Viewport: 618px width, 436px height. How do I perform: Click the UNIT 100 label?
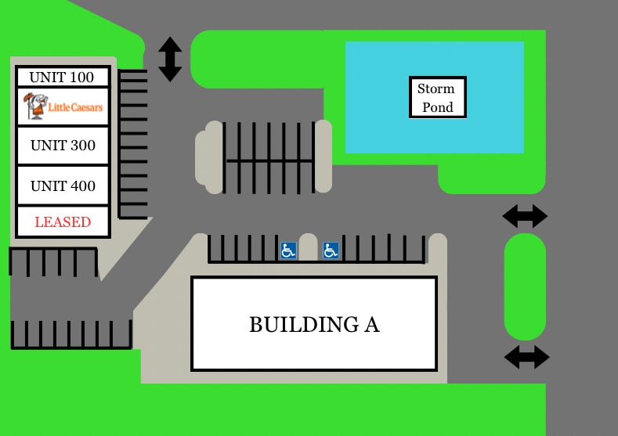point(62,77)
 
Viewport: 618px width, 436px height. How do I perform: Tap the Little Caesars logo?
point(63,106)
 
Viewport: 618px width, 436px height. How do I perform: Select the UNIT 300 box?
point(63,146)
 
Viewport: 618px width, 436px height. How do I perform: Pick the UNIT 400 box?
point(63,186)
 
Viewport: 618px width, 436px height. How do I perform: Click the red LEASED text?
point(63,222)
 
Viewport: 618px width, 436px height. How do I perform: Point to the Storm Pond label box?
point(438,97)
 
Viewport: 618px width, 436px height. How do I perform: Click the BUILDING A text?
point(315,325)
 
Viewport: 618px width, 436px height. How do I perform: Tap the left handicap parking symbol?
point(288,250)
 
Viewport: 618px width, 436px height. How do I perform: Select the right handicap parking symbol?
point(331,250)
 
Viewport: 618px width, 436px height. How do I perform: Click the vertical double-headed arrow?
point(170,59)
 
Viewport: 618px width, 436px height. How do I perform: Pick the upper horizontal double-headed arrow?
point(525,216)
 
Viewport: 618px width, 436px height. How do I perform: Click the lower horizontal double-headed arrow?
point(527,357)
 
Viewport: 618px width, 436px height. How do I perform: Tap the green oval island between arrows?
point(525,286)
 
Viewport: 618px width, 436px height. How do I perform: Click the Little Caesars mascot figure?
point(35,106)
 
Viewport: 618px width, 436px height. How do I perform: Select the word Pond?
point(438,107)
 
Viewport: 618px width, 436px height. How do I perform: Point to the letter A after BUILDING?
point(372,325)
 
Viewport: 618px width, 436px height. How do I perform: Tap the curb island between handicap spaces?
point(308,247)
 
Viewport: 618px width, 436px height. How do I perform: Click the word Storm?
point(436,88)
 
